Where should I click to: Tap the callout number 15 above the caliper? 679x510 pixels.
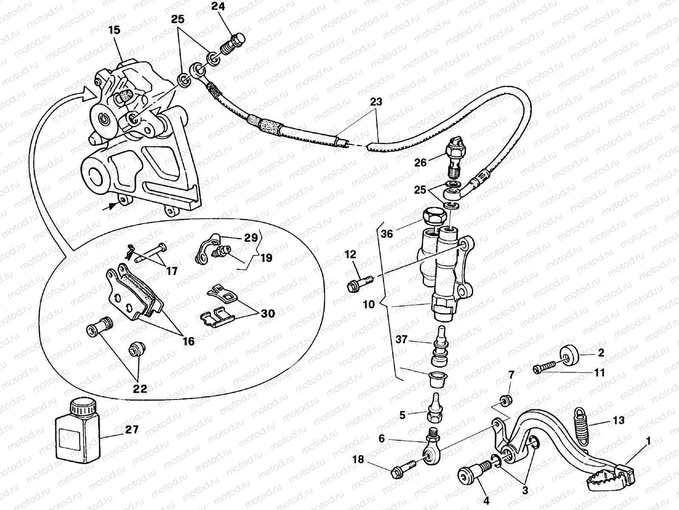point(114,30)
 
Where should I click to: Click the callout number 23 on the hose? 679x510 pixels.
point(376,102)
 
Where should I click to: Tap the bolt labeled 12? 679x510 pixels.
point(360,282)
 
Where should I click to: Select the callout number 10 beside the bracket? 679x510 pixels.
point(369,304)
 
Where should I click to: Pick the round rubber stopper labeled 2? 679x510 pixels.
point(570,354)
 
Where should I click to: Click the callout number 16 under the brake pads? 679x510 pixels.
point(188,340)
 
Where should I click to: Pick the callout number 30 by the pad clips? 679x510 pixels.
point(268,314)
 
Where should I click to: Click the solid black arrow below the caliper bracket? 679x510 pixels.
point(111,205)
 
